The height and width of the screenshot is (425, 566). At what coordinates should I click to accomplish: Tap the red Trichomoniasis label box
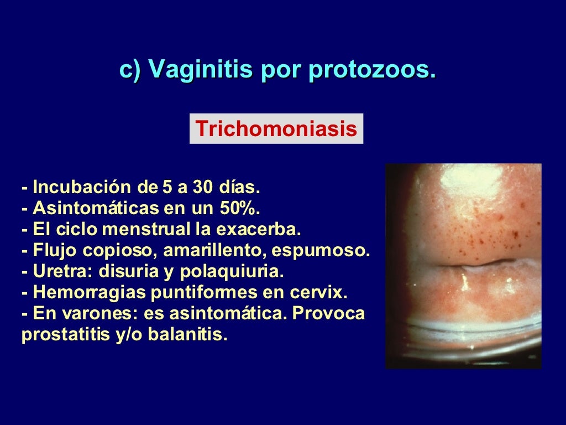coord(276,129)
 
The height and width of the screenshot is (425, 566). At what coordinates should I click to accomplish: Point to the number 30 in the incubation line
coord(203,188)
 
